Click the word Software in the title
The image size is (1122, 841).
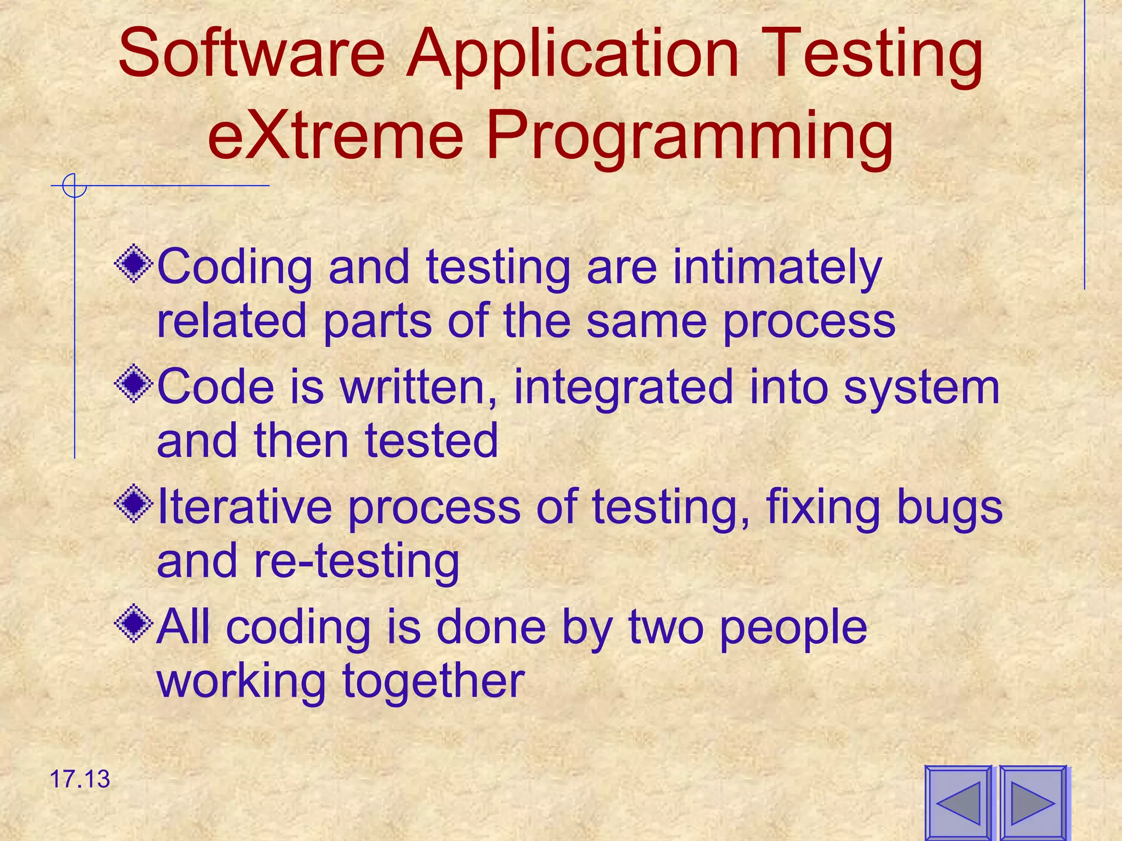coord(252,55)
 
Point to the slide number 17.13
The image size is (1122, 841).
coord(80,779)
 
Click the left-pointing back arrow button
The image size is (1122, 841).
coord(958,803)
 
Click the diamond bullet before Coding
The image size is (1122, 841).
coord(134,265)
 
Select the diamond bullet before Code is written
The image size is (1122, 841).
coord(134,385)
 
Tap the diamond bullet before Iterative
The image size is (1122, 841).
coord(134,505)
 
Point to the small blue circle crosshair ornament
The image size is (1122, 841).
coord(74,186)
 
